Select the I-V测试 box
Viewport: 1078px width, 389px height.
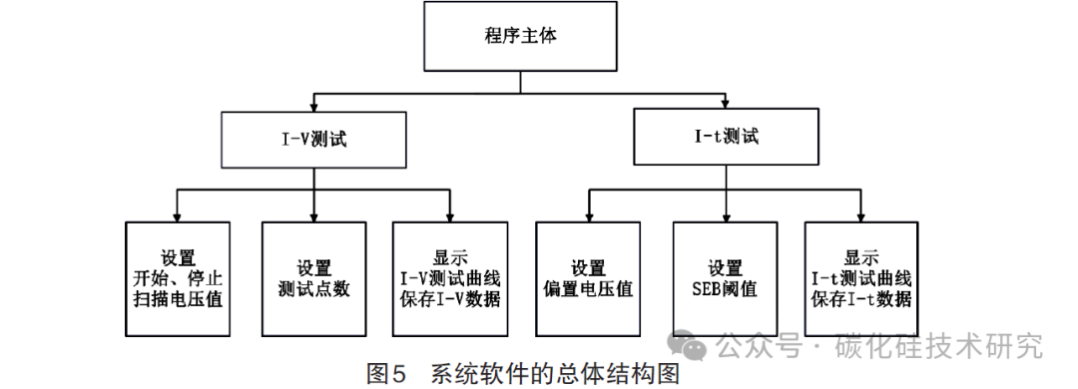[x=313, y=140]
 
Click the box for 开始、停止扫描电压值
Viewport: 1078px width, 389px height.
[x=178, y=278]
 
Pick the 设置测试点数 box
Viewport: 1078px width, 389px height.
[x=313, y=278]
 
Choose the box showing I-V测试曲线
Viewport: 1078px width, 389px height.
[x=449, y=278]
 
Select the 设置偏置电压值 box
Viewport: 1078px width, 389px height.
[x=589, y=278]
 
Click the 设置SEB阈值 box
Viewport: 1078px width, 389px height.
[x=726, y=278]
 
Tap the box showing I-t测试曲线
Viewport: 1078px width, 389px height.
[x=861, y=278]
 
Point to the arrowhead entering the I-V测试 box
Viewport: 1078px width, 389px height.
[x=313, y=106]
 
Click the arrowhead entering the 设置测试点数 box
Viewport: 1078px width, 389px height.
[x=313, y=215]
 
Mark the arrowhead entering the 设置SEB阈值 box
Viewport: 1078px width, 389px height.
[x=726, y=215]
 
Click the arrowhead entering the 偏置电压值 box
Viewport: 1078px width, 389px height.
[x=589, y=215]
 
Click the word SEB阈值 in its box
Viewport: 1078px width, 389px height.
[x=726, y=290]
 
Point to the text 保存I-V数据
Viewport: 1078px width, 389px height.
[x=449, y=299]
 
